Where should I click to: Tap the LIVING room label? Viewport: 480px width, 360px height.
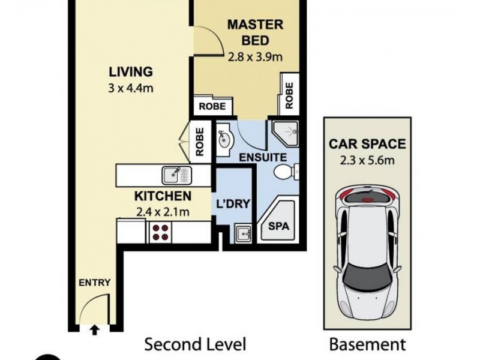point(130,72)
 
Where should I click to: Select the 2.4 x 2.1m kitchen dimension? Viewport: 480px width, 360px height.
point(163,211)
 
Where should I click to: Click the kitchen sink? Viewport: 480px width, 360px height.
point(176,175)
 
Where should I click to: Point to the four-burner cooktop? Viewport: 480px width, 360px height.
point(160,232)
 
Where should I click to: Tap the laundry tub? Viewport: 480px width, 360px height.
point(244,232)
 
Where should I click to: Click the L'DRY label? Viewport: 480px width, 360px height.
point(232,203)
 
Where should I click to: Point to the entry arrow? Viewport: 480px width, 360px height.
point(94,328)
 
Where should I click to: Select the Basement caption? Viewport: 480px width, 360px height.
point(367,344)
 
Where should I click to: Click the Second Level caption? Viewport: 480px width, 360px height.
point(195,344)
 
